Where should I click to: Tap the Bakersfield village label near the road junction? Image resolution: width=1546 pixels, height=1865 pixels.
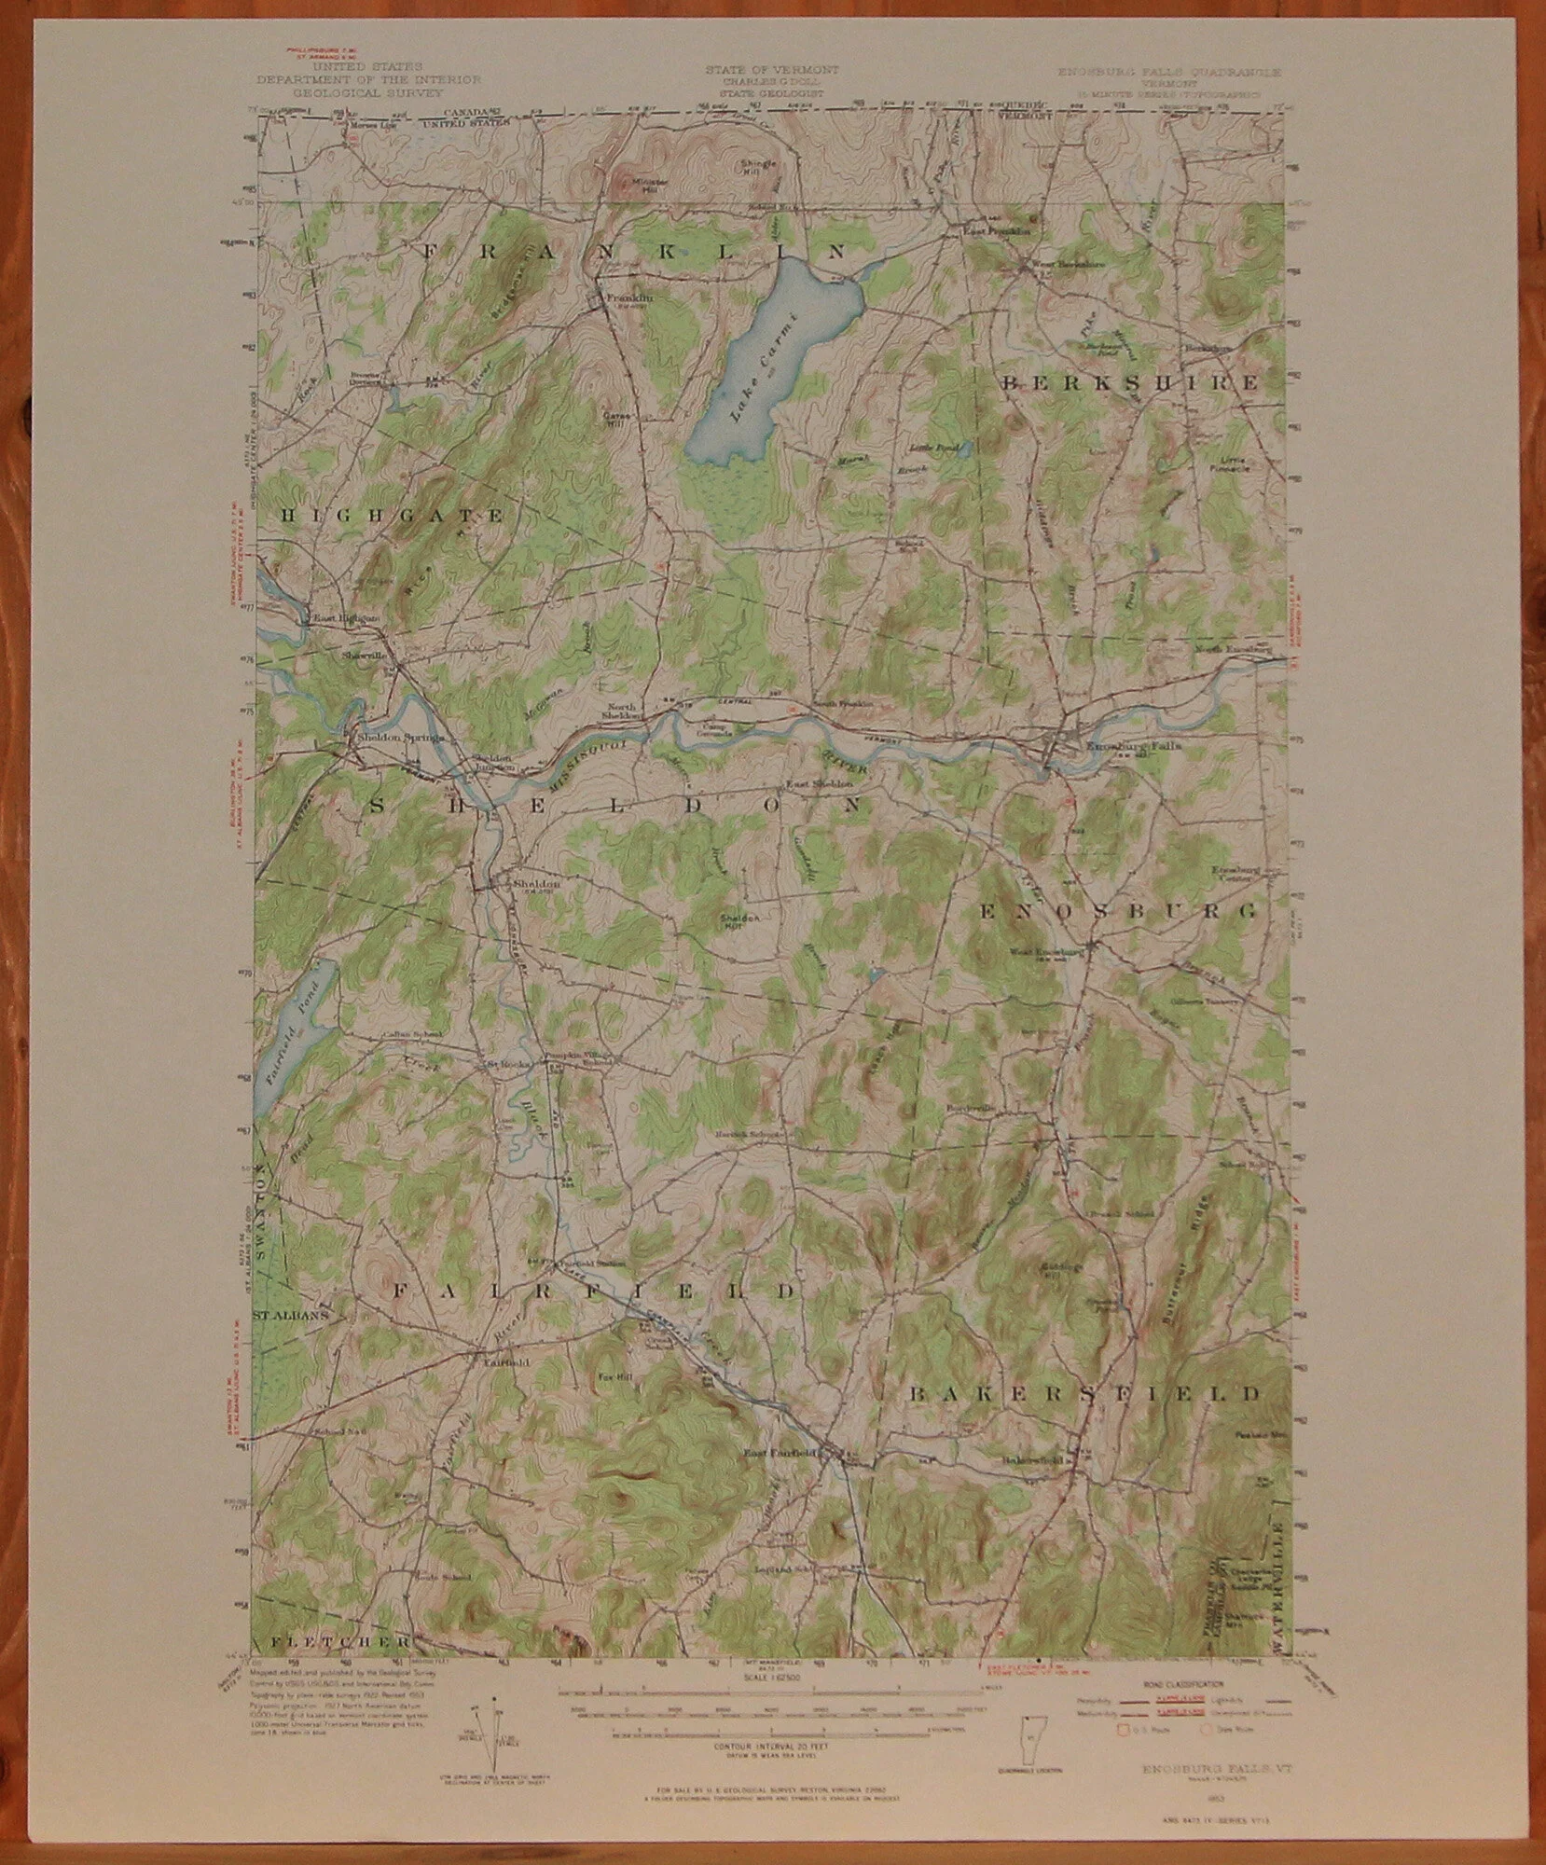(x=1032, y=1459)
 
